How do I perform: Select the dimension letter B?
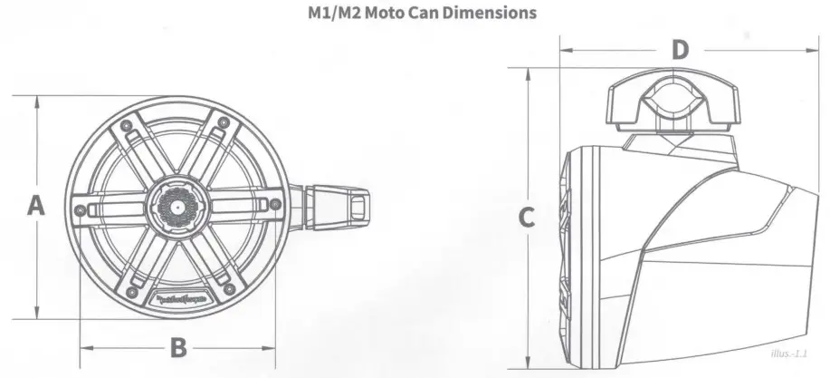[x=179, y=346]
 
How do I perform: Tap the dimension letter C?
[x=527, y=217]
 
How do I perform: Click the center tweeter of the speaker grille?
[x=177, y=208]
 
